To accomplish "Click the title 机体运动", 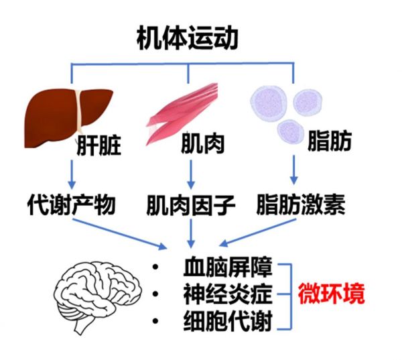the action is pyautogui.click(x=188, y=38).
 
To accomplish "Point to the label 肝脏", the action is pyautogui.click(x=99, y=145).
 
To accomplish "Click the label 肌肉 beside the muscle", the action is pyautogui.click(x=202, y=143).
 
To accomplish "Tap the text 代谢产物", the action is pyautogui.click(x=72, y=205).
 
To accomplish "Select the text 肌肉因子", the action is pyautogui.click(x=191, y=205).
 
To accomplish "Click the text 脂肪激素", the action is pyautogui.click(x=301, y=204).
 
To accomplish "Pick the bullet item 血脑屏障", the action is pyautogui.click(x=228, y=267).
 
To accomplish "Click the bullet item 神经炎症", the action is pyautogui.click(x=228, y=294).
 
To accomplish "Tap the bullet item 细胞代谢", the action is pyautogui.click(x=228, y=320).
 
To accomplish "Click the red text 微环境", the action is pyautogui.click(x=331, y=294).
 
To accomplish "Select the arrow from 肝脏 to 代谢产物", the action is pyautogui.click(x=72, y=174).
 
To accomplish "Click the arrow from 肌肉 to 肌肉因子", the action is pyautogui.click(x=190, y=174).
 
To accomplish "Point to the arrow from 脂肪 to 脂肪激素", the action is pyautogui.click(x=294, y=170).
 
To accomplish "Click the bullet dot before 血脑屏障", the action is pyautogui.click(x=155, y=267).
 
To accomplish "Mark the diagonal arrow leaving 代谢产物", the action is pyautogui.click(x=120, y=234).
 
